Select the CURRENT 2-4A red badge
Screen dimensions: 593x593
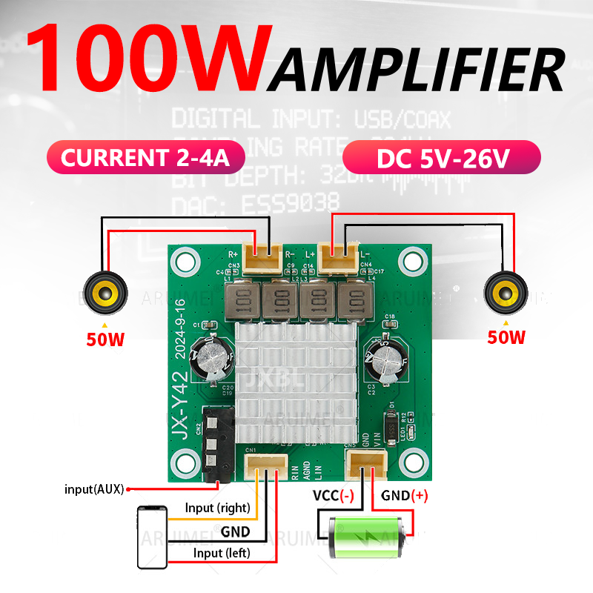[145, 158]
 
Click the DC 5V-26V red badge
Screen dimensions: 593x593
[442, 158]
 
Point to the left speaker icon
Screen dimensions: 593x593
[104, 294]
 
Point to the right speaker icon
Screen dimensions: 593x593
[506, 294]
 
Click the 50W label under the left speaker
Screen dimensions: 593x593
[104, 339]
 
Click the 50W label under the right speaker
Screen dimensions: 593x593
[506, 337]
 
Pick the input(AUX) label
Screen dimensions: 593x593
[93, 489]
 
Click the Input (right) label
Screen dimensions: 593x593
[218, 508]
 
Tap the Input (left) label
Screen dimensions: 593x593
[222, 553]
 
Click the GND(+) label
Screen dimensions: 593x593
[405, 496]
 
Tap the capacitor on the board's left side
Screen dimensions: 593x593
[211, 361]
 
